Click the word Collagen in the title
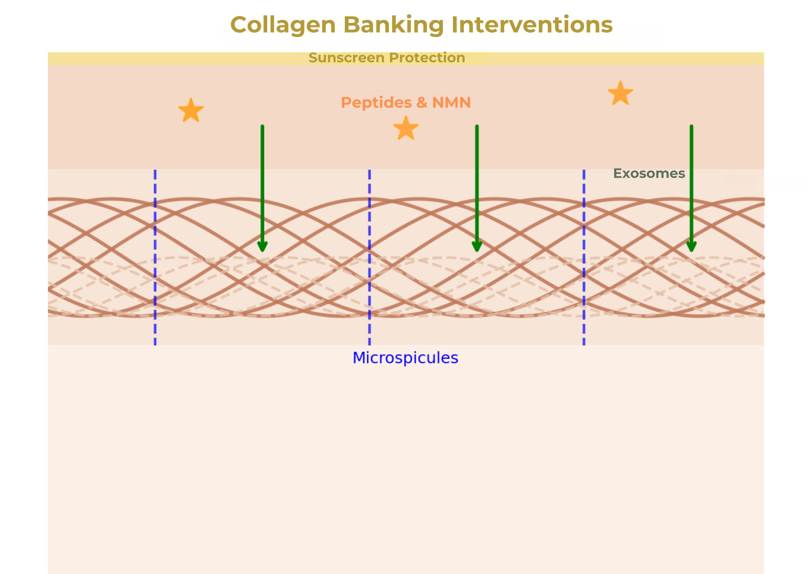(x=283, y=25)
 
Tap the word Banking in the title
(x=393, y=25)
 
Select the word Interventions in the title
(x=532, y=25)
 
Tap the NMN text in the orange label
(x=451, y=103)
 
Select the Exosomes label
(x=649, y=174)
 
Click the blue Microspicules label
(x=405, y=358)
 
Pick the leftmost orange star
(x=191, y=111)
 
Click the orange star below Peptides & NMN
(x=406, y=128)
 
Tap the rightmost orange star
(x=620, y=93)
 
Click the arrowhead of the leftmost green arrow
(x=262, y=246)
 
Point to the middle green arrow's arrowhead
(x=477, y=246)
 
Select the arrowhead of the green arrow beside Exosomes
(x=691, y=246)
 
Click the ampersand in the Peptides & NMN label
(x=422, y=103)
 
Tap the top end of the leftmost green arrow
(x=262, y=127)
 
